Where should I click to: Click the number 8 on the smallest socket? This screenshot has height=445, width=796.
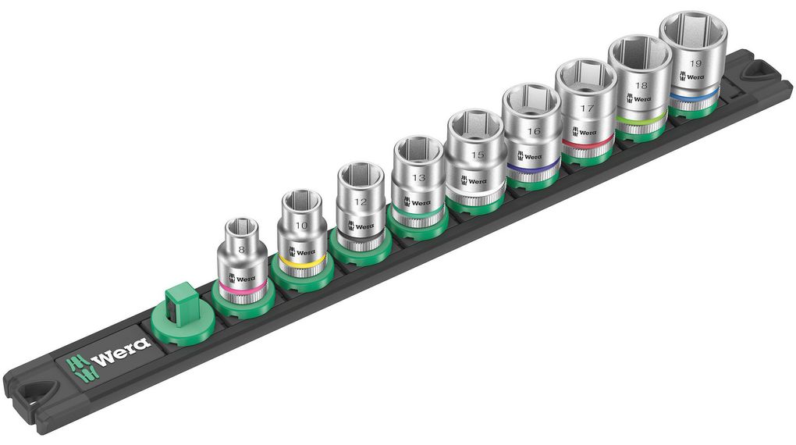pyautogui.click(x=242, y=249)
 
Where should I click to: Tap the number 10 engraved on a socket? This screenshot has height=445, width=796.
pyautogui.click(x=301, y=225)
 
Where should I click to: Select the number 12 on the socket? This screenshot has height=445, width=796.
pyautogui.click(x=360, y=201)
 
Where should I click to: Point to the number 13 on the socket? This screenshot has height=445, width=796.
pyautogui.click(x=418, y=178)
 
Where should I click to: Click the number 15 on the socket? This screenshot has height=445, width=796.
pyautogui.click(x=477, y=155)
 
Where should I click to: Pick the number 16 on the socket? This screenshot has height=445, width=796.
pyautogui.click(x=533, y=131)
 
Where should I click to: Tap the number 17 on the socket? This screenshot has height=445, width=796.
pyautogui.click(x=587, y=109)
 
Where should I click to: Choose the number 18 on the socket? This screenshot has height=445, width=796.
pyautogui.click(x=641, y=86)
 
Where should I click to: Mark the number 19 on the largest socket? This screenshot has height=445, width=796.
pyautogui.click(x=695, y=63)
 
